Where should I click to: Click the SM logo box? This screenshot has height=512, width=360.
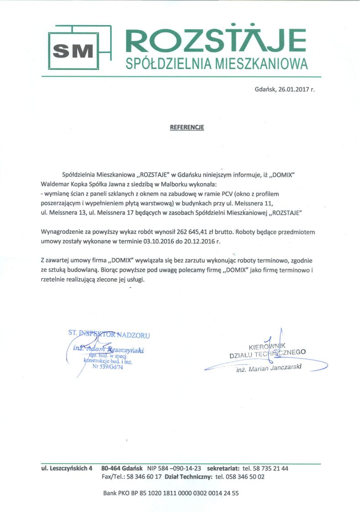click(74, 50)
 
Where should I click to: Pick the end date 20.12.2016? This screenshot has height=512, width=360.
click(207, 241)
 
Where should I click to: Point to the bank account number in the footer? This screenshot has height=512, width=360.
click(186, 493)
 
